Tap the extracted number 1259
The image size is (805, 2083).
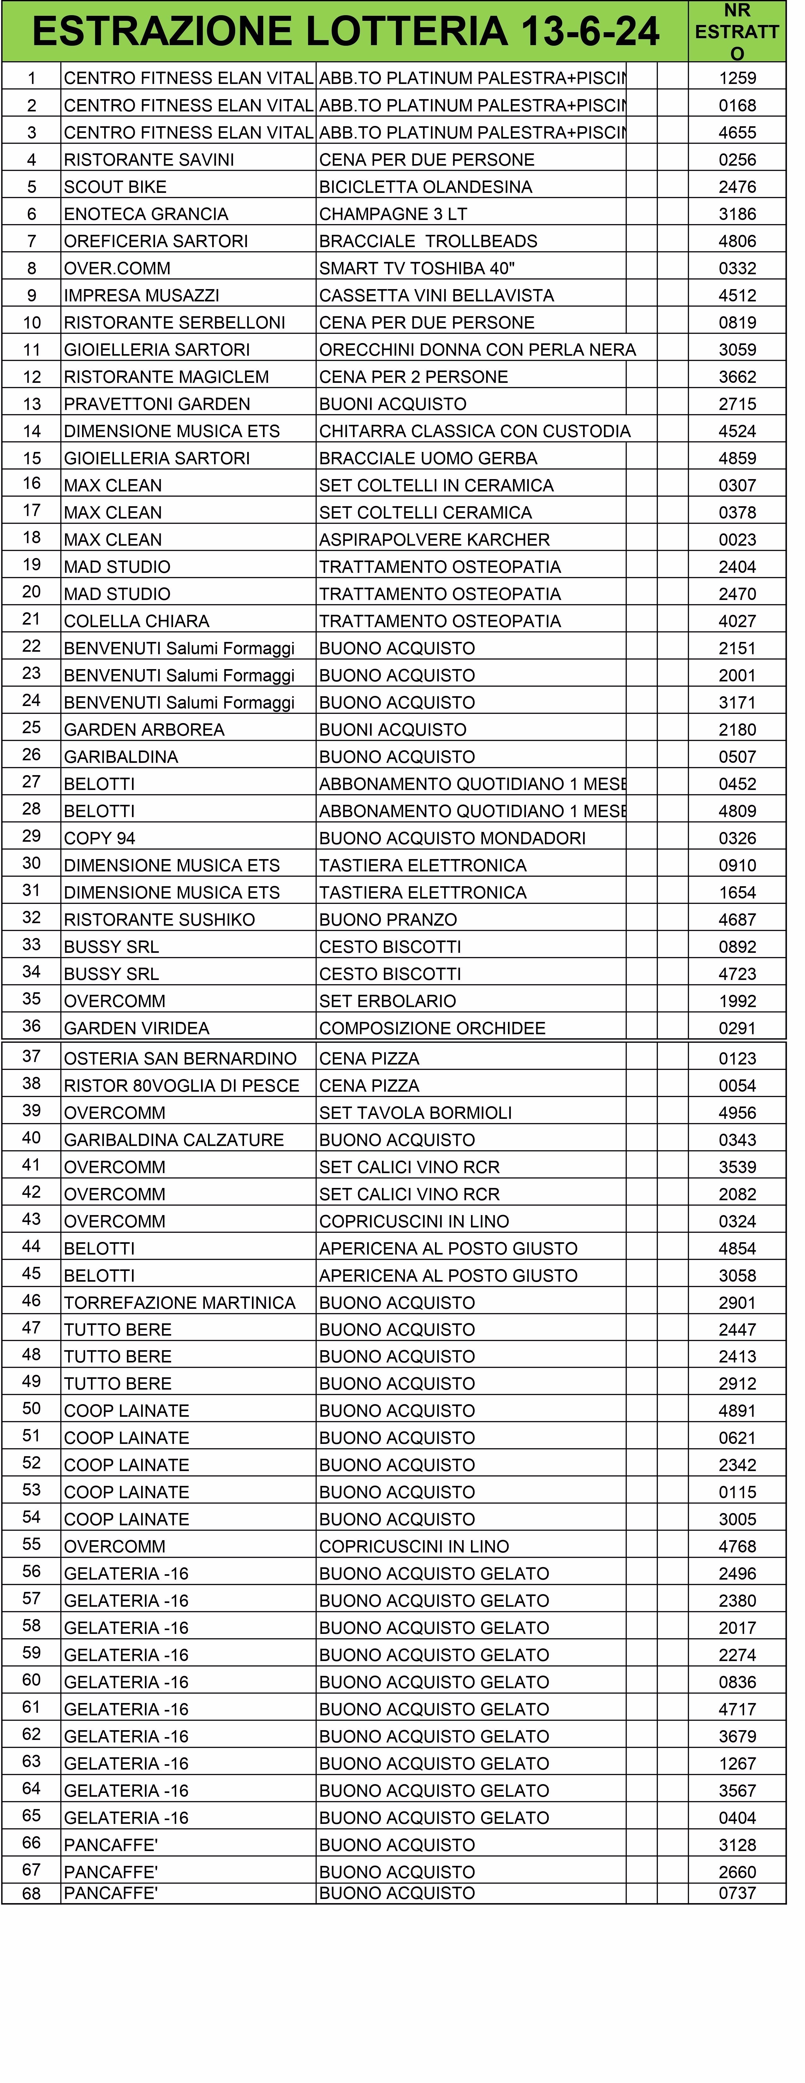tap(737, 79)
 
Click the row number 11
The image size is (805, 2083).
tap(32, 349)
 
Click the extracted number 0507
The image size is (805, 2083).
tap(737, 757)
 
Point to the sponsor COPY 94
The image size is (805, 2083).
tap(99, 838)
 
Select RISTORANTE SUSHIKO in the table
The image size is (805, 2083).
tap(159, 919)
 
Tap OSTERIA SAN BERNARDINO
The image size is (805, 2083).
tap(181, 1059)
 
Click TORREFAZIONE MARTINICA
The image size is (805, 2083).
tap(180, 1303)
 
